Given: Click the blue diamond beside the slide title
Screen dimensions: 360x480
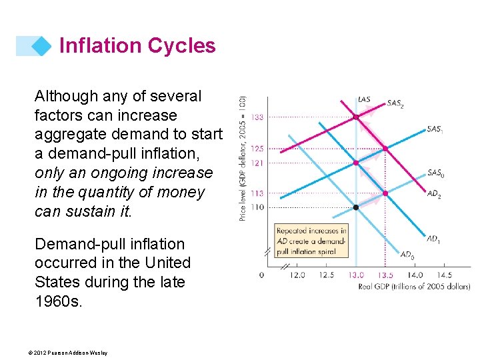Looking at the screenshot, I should tap(41, 45).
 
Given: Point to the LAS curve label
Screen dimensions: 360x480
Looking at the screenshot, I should tap(364, 100).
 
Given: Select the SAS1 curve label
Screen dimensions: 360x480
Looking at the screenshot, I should tap(435, 129).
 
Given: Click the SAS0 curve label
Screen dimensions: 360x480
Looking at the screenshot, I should tap(435, 173).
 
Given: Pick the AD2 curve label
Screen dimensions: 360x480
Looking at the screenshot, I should tap(433, 195).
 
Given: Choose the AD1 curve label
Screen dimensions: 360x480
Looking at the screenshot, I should tap(433, 239).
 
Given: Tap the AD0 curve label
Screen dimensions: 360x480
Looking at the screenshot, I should tap(407, 254).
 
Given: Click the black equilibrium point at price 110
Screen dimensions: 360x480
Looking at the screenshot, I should tap(356, 207).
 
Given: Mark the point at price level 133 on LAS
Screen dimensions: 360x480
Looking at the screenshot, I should tap(356, 117).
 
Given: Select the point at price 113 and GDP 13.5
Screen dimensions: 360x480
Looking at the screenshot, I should tap(385, 193).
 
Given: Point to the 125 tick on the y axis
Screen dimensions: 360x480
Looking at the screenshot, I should tap(257, 149).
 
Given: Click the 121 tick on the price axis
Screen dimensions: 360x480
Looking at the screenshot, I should tap(257, 163).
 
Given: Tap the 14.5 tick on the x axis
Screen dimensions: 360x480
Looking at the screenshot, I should tap(443, 275).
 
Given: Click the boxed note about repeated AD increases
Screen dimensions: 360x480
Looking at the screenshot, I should tap(312, 240).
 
